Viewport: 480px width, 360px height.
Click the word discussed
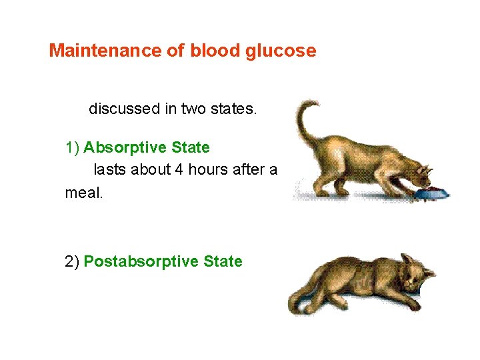pos(124,108)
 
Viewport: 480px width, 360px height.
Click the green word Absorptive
pos(125,147)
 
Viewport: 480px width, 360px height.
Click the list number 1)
pos(73,147)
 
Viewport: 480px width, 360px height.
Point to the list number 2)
pos(73,261)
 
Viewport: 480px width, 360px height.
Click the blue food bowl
pos(431,193)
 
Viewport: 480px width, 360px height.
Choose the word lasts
pos(110,170)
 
